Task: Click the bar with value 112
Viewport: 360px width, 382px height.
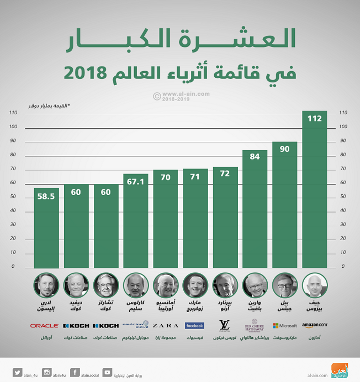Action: click(315, 190)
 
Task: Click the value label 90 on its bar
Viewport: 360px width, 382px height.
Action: click(285, 149)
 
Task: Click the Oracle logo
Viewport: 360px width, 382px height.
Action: click(44, 325)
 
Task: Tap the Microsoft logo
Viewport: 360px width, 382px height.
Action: click(285, 325)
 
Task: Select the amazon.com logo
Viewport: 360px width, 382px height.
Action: click(315, 324)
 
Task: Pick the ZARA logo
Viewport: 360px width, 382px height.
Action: click(165, 325)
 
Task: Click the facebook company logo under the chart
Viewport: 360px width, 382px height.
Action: click(195, 325)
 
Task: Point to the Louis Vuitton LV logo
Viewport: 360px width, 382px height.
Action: click(225, 325)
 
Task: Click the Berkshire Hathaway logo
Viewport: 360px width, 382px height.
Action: click(255, 325)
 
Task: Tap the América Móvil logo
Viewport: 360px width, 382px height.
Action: click(135, 325)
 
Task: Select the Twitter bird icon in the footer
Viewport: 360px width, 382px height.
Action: click(17, 372)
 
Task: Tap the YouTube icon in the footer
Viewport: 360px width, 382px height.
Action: click(107, 372)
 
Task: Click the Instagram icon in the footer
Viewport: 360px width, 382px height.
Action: click(47, 372)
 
